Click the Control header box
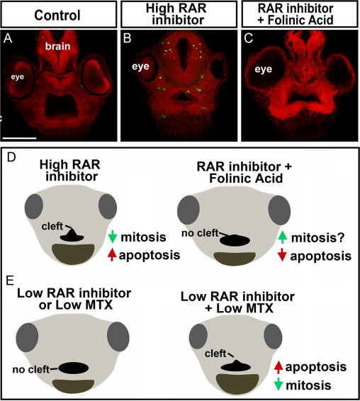(59, 14)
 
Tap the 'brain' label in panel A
(58, 46)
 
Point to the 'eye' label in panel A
(18, 77)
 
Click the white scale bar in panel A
(19, 138)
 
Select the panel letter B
(127, 38)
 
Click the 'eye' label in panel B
(140, 66)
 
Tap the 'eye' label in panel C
(264, 69)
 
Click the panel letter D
(11, 157)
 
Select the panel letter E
(10, 281)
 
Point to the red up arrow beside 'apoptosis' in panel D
(111, 255)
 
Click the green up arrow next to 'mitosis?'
(283, 237)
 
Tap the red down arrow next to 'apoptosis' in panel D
(282, 255)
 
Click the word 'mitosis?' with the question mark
(318, 238)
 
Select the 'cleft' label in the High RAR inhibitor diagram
(52, 226)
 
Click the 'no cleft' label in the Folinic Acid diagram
(200, 233)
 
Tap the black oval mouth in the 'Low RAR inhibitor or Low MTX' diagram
(74, 368)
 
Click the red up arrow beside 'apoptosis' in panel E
(279, 367)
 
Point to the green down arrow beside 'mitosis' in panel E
(279, 385)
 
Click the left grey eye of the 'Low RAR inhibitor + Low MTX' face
(198, 336)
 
